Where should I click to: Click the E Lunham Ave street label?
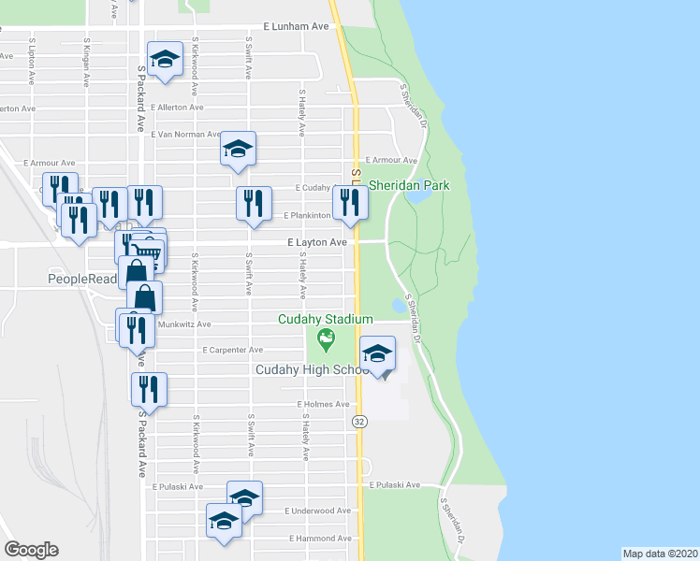(297, 27)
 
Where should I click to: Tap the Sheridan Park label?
(409, 185)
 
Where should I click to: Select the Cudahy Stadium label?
(326, 319)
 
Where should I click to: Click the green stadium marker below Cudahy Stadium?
(326, 338)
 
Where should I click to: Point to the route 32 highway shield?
(359, 422)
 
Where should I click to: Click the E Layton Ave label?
(317, 241)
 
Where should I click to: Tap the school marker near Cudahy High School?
(378, 354)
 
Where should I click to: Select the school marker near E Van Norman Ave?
(238, 149)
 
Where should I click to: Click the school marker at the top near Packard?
(165, 59)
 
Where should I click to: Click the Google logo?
(31, 550)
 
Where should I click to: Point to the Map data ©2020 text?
(661, 554)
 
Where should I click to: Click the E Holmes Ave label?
(323, 405)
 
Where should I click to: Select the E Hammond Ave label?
(320, 539)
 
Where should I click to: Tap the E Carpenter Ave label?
(233, 350)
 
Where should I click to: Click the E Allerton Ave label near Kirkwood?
(178, 108)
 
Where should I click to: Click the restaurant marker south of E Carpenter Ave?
(149, 389)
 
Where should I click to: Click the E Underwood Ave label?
(318, 511)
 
